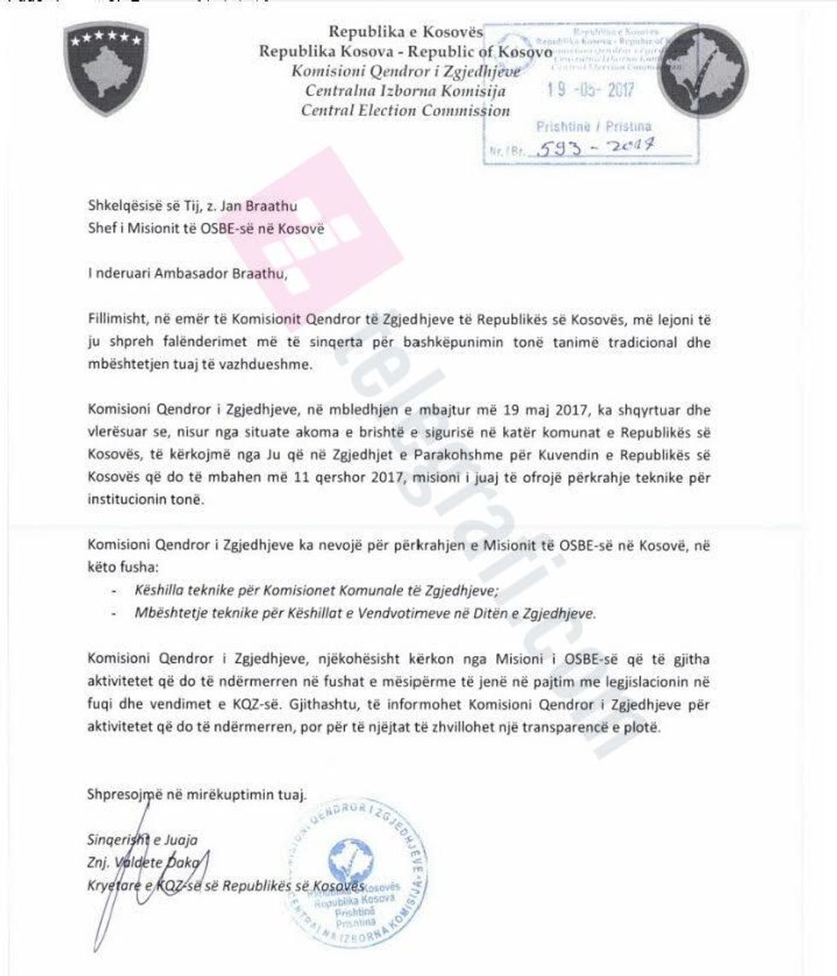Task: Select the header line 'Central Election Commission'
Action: [406, 109]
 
